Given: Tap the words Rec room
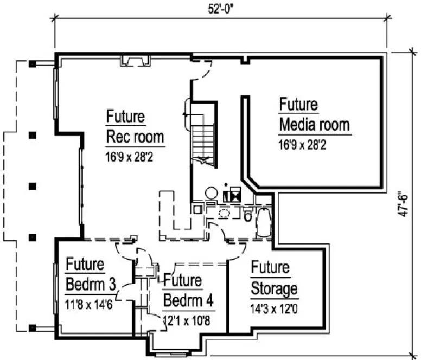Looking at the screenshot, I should [135, 136].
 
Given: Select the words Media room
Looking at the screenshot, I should [314, 125].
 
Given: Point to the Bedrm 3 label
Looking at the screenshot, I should [92, 284].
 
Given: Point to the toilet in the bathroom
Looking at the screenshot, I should [248, 217].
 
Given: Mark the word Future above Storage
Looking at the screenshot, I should [270, 268].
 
